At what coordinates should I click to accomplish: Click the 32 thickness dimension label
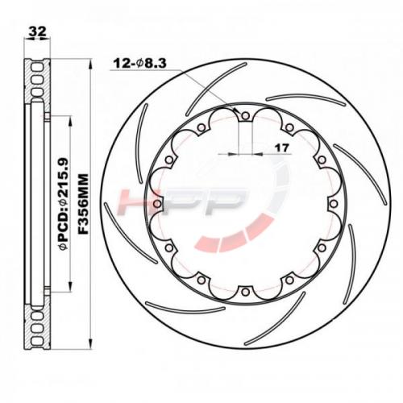click(37, 31)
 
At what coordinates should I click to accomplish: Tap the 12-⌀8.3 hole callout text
click(140, 64)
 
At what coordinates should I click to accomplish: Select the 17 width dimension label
click(282, 147)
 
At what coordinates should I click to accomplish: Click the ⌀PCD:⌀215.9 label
click(64, 204)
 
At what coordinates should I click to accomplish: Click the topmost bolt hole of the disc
click(245, 116)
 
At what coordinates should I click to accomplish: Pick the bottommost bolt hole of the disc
click(245, 292)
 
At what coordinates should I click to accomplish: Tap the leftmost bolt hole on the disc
click(157, 204)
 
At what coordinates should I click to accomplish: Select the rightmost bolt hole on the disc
click(334, 204)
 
